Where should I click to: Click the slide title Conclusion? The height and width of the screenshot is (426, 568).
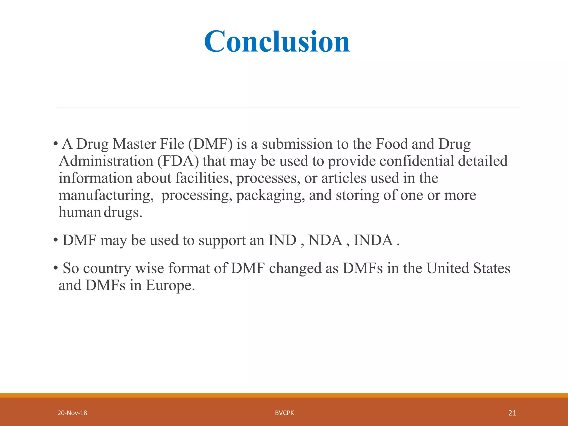[277, 42]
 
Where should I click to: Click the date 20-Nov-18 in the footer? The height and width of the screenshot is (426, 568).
[72, 413]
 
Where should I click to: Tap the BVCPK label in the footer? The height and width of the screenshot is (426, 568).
[284, 413]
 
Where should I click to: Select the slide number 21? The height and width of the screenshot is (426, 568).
[512, 413]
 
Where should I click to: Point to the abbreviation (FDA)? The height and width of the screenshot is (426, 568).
[178, 161]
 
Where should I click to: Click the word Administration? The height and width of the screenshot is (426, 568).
[106, 161]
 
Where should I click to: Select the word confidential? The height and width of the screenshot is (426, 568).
[416, 161]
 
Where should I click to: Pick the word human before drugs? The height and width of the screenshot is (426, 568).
[80, 212]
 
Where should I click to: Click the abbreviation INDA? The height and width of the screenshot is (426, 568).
[373, 240]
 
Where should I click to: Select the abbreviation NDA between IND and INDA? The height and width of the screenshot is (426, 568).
[325, 240]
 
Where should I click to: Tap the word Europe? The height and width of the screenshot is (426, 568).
[170, 285]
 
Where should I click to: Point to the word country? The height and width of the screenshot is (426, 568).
[107, 269]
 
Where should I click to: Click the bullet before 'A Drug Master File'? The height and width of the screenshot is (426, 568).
[56, 144]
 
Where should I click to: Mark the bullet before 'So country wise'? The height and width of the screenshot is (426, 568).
[56, 268]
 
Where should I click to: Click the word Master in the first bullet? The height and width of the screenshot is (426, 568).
[134, 144]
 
